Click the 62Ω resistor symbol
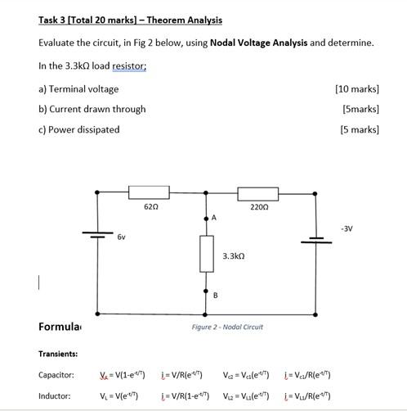pyautogui.click(x=150, y=193)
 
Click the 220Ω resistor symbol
pyautogui.click(x=258, y=193)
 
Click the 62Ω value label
pyautogui.click(x=150, y=208)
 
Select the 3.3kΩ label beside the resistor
pyautogui.click(x=235, y=256)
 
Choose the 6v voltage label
pyautogui.click(x=121, y=236)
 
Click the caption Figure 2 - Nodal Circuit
pyautogui.click(x=227, y=327)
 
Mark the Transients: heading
pyautogui.click(x=59, y=354)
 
